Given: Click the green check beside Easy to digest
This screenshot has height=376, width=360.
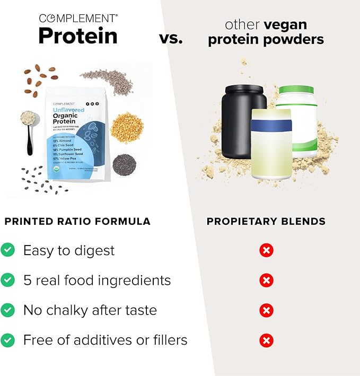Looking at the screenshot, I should pos(7,250).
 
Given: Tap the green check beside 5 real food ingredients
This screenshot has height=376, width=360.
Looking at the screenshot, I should pos(7,280).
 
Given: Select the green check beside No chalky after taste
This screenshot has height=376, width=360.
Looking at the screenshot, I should pos(7,310).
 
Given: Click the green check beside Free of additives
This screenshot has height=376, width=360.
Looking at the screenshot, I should pos(7,339).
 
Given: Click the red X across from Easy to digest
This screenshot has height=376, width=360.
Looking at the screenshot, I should pos(266,250).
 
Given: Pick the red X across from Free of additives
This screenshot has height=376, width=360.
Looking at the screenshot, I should pos(266,339).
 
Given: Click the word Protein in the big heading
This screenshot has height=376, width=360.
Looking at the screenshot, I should pos(77,36).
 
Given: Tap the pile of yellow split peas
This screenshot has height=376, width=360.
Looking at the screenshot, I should pos(126,128).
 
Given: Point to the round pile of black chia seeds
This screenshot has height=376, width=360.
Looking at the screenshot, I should pos(124,165).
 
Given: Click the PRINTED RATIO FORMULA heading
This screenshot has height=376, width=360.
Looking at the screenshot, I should pos(77,221).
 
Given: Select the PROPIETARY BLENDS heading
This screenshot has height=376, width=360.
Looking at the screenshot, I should pos(266,221).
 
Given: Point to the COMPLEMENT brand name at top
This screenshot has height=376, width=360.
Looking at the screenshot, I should pos(78,17).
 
